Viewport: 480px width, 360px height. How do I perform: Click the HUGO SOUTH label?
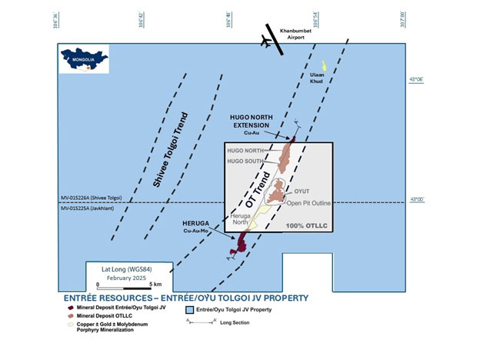coord(245,162)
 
